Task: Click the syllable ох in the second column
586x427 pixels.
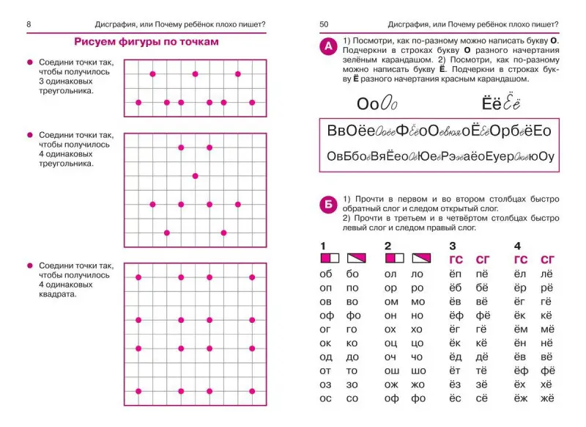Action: point(390,329)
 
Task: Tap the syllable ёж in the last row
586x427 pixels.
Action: point(520,399)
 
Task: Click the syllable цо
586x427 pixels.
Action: point(418,343)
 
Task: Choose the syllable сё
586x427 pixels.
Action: point(482,399)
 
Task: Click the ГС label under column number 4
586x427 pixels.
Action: point(521,258)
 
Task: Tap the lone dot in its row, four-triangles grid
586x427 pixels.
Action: point(195,176)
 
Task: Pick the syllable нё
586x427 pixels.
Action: point(546,343)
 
